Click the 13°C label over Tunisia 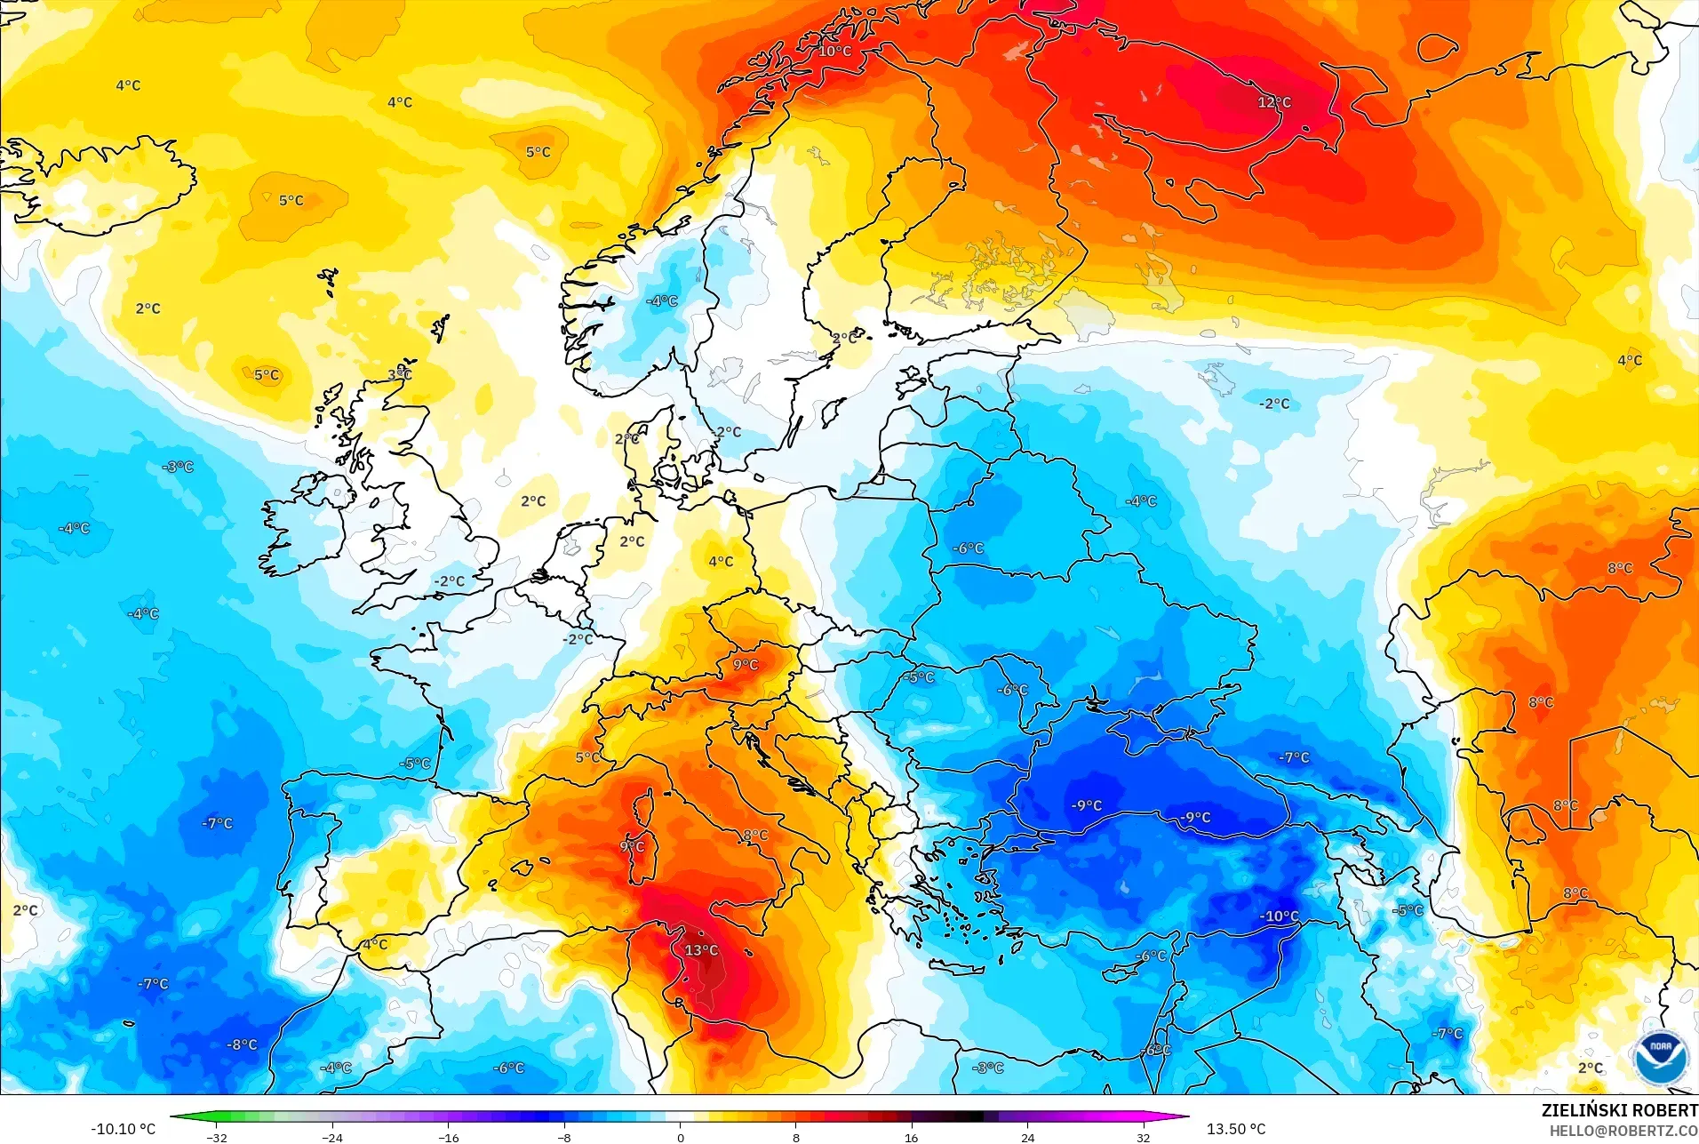(x=701, y=950)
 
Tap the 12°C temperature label (x=1273, y=102)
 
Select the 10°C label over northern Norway (x=834, y=51)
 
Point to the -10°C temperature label (x=1279, y=916)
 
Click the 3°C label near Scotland (x=400, y=374)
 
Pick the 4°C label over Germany (x=721, y=561)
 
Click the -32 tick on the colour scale (x=217, y=1137)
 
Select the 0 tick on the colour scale (x=681, y=1137)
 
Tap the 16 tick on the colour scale (x=911, y=1137)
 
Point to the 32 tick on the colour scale (x=1143, y=1137)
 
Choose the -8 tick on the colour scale (x=564, y=1137)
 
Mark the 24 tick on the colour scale (x=1027, y=1137)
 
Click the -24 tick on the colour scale (x=332, y=1137)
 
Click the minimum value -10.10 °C (x=123, y=1129)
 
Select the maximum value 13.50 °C (x=1235, y=1129)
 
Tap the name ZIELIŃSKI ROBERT (x=1619, y=1110)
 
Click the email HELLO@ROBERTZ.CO (x=1623, y=1131)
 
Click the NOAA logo (x=1659, y=1055)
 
